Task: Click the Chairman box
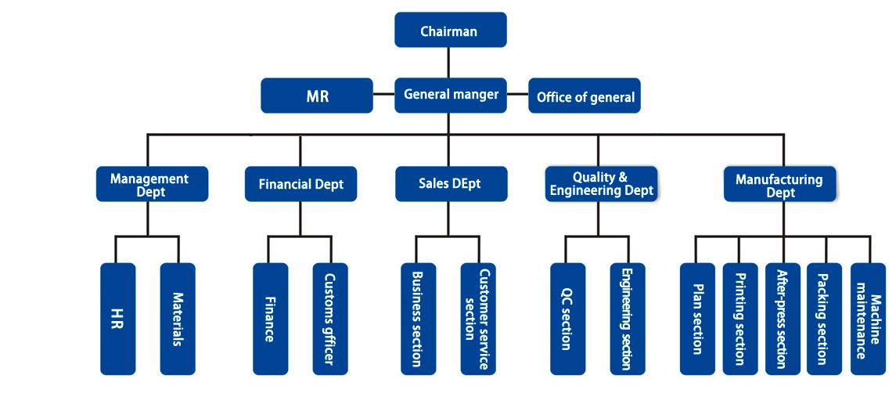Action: [450, 31]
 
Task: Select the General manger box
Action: [451, 95]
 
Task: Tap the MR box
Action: [317, 96]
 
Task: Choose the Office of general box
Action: [585, 96]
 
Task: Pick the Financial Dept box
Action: [300, 184]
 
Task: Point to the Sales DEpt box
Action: [451, 184]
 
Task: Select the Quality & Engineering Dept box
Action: [601, 184]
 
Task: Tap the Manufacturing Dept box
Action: [779, 185]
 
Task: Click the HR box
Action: [118, 319]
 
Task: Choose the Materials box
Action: [178, 319]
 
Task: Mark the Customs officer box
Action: [329, 319]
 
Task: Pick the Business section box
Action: [417, 319]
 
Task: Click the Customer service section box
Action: [477, 319]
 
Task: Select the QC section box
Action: [567, 319]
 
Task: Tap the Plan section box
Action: [697, 319]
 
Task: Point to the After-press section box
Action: [782, 319]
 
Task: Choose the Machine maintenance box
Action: [868, 319]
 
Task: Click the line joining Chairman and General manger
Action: [448, 63]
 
